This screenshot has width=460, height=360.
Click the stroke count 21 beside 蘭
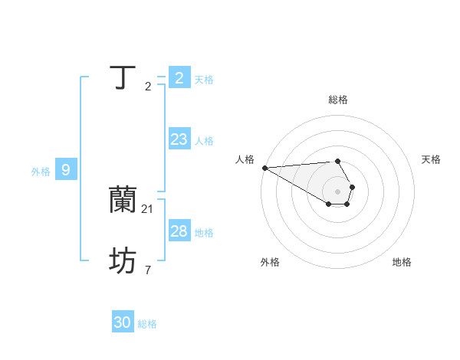149,208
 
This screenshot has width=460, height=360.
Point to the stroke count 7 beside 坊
148,270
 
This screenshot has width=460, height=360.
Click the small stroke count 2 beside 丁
148,86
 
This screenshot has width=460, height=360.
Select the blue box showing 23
179,139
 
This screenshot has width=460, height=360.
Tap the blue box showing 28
179,231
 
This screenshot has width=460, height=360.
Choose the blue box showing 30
123,323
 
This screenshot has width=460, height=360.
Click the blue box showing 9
66,170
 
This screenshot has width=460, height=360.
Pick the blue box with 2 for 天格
179,78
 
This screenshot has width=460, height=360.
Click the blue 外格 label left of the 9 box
41,172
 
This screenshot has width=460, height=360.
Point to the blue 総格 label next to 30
147,324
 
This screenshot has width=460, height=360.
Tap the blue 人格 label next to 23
204,141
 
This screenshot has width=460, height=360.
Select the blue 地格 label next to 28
204,233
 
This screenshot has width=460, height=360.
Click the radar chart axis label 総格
337,100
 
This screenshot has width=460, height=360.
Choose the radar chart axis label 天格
431,159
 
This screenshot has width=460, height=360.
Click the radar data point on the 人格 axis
264,168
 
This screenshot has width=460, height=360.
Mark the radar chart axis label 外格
270,262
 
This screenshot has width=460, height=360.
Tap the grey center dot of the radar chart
337,191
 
